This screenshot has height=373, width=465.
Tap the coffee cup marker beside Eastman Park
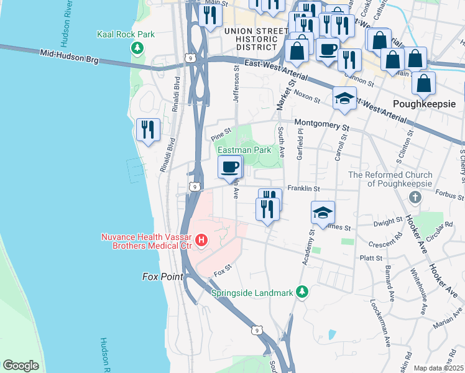(x=230, y=167)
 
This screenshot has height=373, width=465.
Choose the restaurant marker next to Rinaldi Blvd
(x=148, y=129)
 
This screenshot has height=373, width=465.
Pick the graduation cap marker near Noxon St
(x=344, y=98)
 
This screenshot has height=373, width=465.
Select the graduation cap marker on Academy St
(x=323, y=213)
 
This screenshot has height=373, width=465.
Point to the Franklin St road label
(x=303, y=188)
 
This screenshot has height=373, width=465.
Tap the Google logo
(x=21, y=366)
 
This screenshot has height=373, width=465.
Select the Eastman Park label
(x=244, y=150)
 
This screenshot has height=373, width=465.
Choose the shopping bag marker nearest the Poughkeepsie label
(x=423, y=83)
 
